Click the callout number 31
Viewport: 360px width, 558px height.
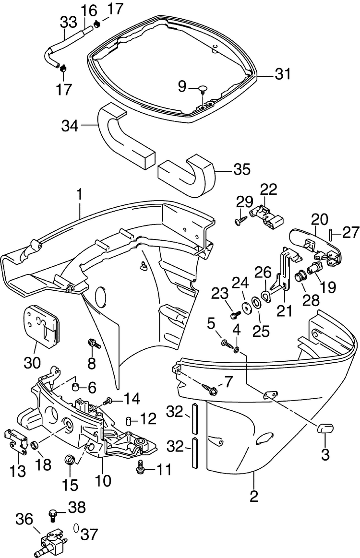(283, 74)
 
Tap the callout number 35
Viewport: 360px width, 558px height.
(242, 169)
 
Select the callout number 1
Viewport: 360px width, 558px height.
(79, 195)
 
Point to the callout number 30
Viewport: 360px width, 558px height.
(33, 363)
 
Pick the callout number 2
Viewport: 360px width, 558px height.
(253, 496)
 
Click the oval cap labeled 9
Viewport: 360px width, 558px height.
(204, 88)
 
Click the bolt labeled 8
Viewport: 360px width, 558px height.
(95, 344)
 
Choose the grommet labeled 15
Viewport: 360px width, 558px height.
(70, 459)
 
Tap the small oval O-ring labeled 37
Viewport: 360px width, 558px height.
(76, 528)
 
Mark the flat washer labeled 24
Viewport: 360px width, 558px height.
(245, 306)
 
